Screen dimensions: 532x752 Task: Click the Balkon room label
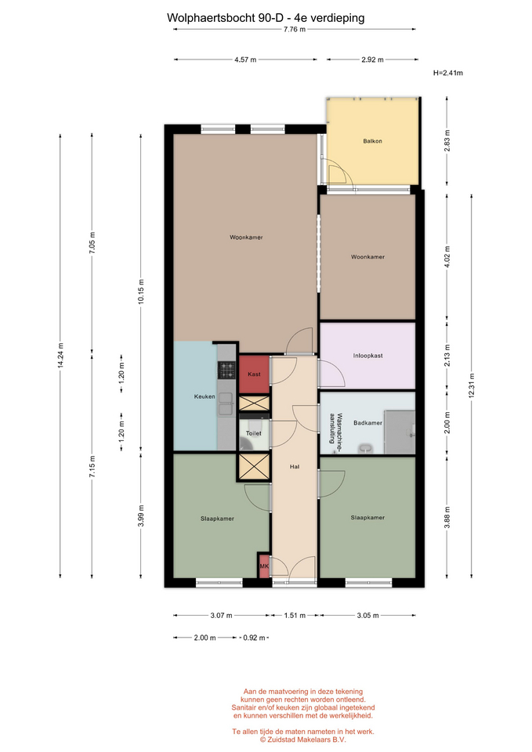372,141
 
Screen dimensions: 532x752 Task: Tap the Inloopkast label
368,356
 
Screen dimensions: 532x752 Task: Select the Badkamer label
368,423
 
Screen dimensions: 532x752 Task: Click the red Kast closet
254,374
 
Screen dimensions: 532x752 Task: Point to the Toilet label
254,433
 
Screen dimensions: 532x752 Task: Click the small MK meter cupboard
264,566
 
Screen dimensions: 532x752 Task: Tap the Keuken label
204,396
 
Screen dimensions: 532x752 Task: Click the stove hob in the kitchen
226,370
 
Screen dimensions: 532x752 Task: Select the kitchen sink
226,404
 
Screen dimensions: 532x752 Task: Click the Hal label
295,466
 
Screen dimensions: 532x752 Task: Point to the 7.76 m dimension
294,29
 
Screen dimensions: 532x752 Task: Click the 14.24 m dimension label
60,356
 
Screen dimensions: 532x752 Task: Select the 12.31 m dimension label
472,385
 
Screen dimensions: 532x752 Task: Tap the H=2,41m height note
448,73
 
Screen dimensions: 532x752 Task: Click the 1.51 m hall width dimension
295,616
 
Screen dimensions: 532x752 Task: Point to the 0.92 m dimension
254,638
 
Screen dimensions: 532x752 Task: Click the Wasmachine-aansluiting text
335,428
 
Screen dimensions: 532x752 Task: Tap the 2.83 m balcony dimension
447,141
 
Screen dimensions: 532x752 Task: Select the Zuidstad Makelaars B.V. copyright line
302,739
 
